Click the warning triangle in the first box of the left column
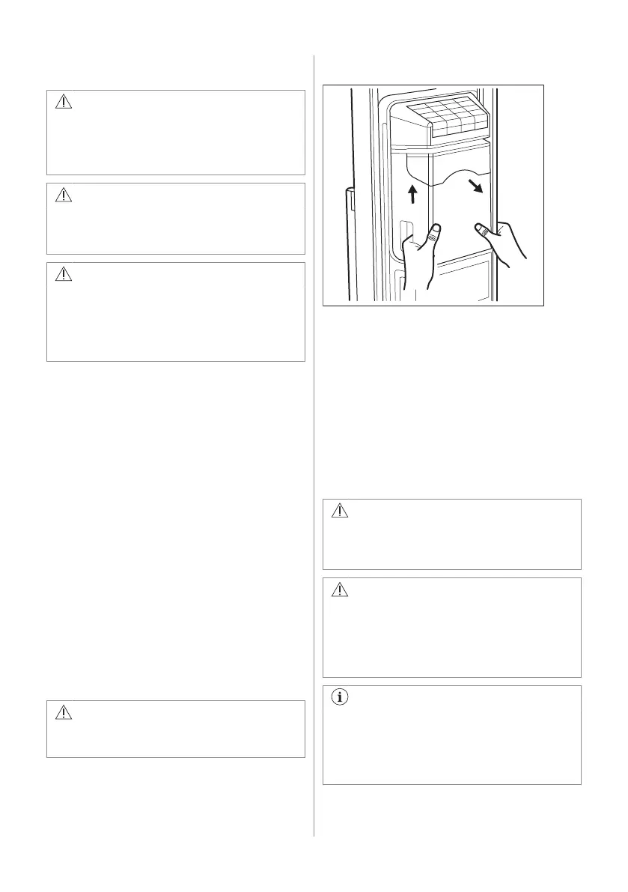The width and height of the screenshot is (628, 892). point(64,103)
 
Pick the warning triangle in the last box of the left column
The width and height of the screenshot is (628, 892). point(64,712)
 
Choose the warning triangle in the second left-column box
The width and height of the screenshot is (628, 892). point(64,195)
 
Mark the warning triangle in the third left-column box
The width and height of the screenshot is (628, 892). point(64,274)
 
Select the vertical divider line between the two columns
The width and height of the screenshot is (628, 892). point(314,449)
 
